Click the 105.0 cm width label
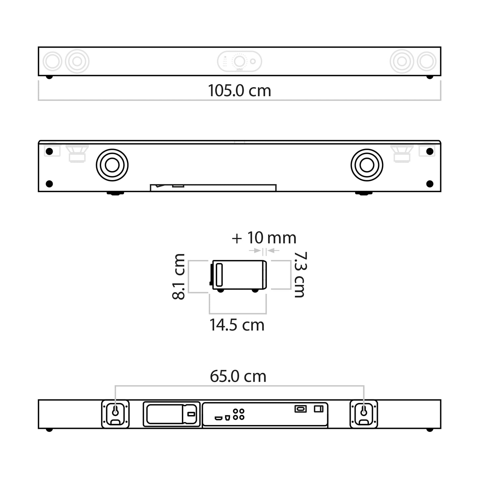(239, 91)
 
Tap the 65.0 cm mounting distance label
(238, 376)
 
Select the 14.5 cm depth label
(237, 325)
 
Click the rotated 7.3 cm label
(300, 274)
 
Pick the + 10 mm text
(264, 238)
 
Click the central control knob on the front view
(239, 61)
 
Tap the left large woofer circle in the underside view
(112, 165)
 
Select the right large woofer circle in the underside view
(367, 165)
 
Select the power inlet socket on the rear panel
(300, 409)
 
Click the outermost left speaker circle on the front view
(52, 61)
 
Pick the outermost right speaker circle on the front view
(427, 61)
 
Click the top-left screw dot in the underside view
(49, 152)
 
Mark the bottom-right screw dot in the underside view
(430, 183)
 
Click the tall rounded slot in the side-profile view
(219, 274)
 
